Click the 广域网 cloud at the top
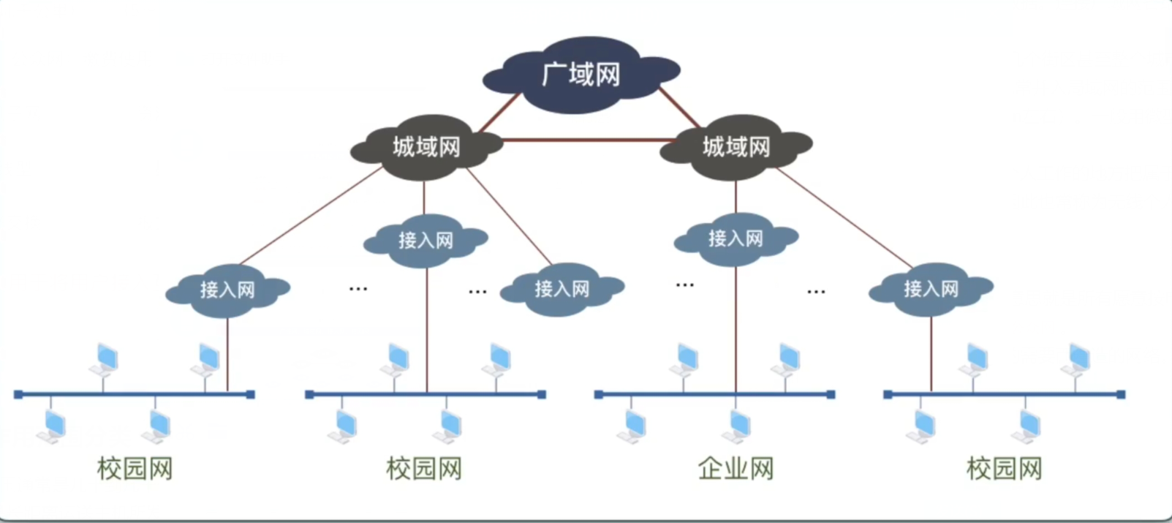581,75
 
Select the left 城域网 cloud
426,147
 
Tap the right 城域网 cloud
736,147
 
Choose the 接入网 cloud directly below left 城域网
426,240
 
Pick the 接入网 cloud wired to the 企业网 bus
736,238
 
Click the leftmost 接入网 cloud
227,290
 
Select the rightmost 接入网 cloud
931,289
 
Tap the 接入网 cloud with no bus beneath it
562,289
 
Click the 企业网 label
736,469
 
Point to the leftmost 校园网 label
135,469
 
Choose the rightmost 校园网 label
1004,469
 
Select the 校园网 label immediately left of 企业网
424,469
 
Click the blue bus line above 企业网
658,394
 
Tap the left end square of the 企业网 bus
599,394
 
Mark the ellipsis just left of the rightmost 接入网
816,291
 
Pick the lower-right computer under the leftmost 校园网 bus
158,426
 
